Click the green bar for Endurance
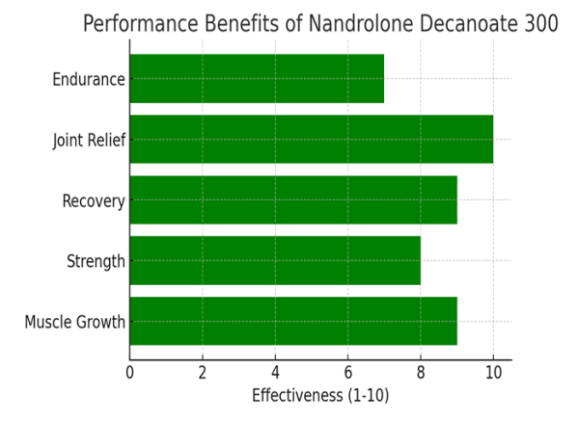[257, 78]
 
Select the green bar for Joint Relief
[311, 139]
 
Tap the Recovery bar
[292, 199]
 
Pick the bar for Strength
[275, 260]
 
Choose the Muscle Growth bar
[292, 321]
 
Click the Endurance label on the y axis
[89, 79]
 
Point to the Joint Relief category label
[89, 140]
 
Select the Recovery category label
[94, 200]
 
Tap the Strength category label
[96, 261]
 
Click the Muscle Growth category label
[75, 322]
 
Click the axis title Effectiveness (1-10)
[320, 396]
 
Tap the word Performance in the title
[136, 24]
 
